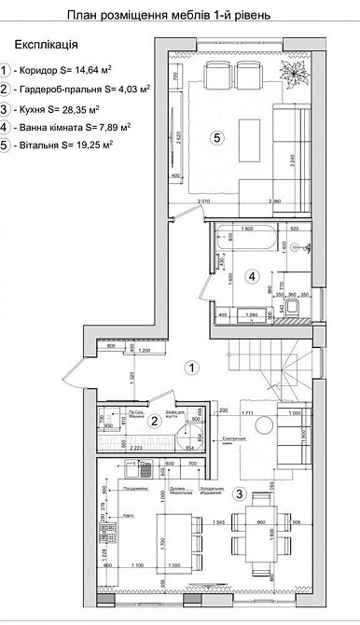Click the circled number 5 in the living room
tap(215, 137)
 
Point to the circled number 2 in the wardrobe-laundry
tap(158, 420)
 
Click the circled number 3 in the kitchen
tap(240, 493)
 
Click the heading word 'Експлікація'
tap(47, 44)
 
